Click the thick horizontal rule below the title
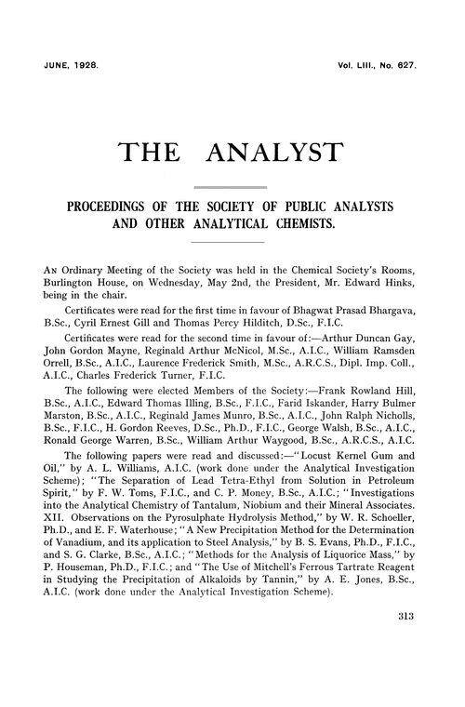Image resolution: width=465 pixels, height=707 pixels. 232,188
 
